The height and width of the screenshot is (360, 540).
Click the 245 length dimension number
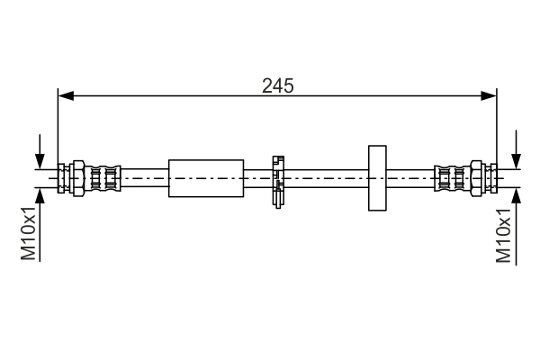pyautogui.click(x=278, y=85)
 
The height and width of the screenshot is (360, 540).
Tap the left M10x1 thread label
pyautogui.click(x=30, y=233)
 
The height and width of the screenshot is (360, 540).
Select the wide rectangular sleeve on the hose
pyautogui.click(x=206, y=177)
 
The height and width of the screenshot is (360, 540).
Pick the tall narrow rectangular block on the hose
pyautogui.click(x=377, y=177)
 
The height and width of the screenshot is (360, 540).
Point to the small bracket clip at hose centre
pyautogui.click(x=277, y=179)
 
